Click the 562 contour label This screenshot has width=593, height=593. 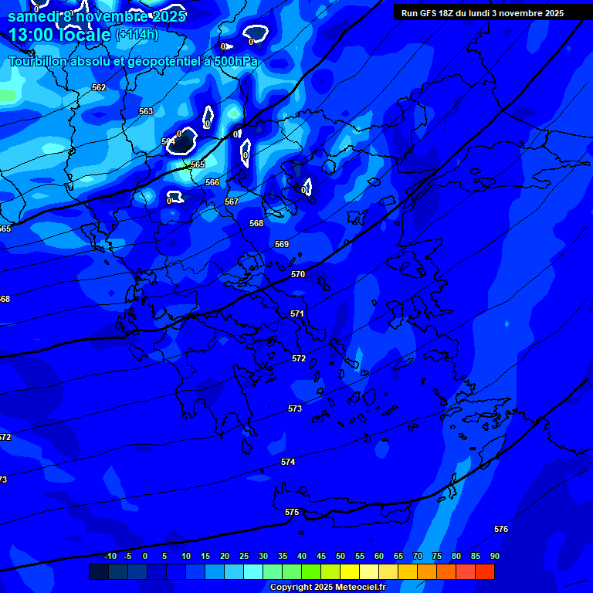tap(99, 87)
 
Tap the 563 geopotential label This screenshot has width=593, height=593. tap(146, 111)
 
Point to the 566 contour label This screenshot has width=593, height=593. tap(212, 182)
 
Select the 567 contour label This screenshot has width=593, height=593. tap(232, 202)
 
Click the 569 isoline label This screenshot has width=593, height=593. tap(282, 244)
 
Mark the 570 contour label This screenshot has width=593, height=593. tap(298, 274)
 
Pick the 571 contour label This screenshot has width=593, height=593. tap(297, 313)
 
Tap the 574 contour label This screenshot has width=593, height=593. tap(288, 462)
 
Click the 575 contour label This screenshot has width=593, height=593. tap(292, 512)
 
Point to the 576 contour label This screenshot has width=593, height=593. tap(501, 529)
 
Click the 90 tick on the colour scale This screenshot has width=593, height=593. tap(494, 556)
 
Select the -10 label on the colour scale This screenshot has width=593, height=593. tap(110, 556)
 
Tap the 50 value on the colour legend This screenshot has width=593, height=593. tap(341, 556)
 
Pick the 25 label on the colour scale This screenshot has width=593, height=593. tap(244, 556)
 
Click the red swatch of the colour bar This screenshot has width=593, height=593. tap(484, 571)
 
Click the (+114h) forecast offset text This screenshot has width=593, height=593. tap(137, 34)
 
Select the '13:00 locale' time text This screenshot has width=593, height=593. tap(60, 34)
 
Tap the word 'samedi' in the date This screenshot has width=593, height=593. tap(32, 15)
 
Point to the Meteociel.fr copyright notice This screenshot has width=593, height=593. tap(327, 588)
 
